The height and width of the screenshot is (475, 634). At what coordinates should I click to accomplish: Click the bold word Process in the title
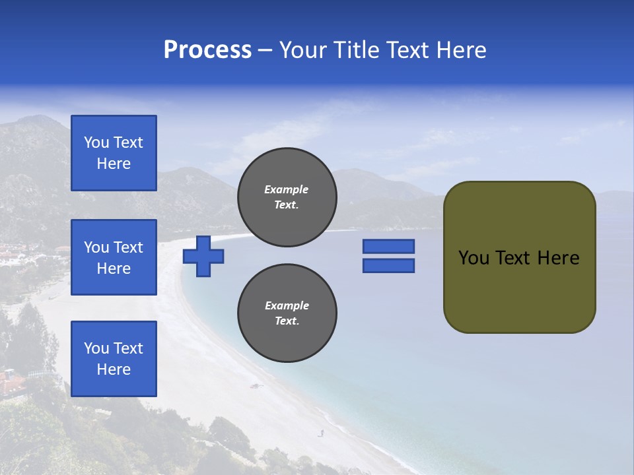coord(207,50)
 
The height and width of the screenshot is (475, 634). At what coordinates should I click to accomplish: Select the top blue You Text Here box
coord(114,153)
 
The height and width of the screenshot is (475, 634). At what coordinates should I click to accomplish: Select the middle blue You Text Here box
coord(114,257)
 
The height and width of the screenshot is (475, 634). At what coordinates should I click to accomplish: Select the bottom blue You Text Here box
coord(114,359)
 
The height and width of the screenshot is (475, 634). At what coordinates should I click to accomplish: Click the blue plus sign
coord(203,256)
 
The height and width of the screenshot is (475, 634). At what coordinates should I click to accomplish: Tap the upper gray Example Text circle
coord(287,197)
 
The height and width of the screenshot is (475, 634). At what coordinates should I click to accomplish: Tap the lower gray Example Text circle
coord(287,313)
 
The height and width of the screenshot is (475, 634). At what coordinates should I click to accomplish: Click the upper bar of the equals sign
coord(388,246)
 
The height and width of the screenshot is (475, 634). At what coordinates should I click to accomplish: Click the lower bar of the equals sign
coord(388,266)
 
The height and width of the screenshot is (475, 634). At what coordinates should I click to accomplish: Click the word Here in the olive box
coord(558,258)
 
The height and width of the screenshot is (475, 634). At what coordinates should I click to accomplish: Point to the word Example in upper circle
coord(287,189)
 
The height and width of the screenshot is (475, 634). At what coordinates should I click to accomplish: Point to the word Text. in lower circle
coord(287,321)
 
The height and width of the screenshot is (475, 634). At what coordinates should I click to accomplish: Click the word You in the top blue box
coord(96,142)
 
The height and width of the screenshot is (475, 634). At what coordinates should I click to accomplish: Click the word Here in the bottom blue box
coord(114,369)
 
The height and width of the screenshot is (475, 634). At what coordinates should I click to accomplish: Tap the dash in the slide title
coord(265,50)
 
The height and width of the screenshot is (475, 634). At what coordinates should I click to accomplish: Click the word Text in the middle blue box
coord(127,247)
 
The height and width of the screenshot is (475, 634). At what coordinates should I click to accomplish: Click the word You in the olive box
coord(474,258)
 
